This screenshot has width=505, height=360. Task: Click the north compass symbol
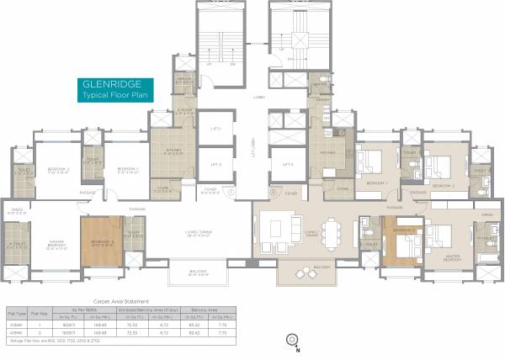[292, 339]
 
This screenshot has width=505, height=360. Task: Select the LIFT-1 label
[216, 128]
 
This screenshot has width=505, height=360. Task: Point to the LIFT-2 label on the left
[216, 164]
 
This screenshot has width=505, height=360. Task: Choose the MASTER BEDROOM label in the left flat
[55, 244]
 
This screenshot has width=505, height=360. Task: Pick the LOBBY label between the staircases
[258, 98]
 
